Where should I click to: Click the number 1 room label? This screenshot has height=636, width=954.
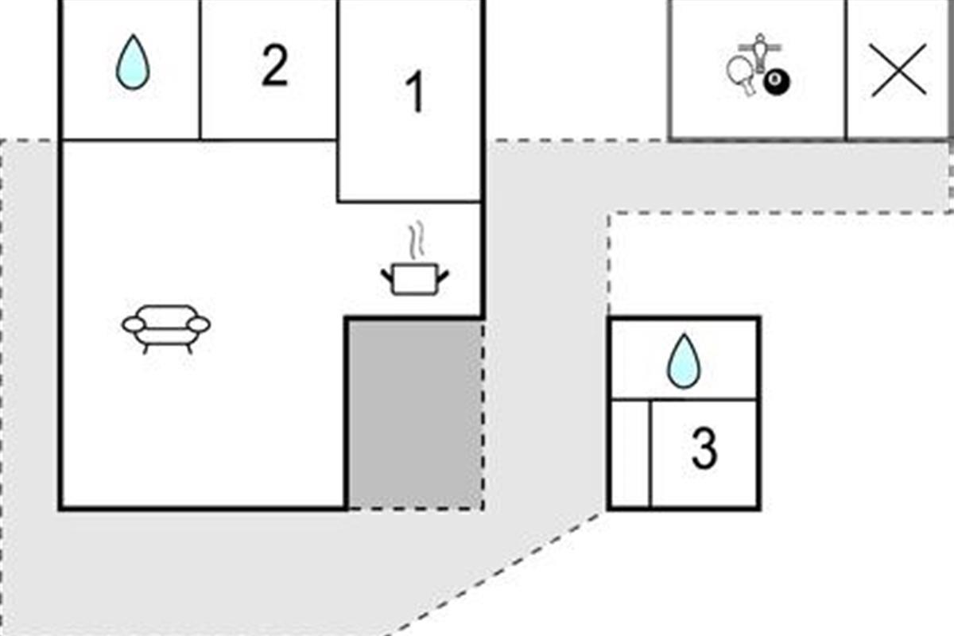click(415, 93)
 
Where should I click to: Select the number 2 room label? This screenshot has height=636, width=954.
click(274, 67)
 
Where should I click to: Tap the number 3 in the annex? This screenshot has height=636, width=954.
click(704, 449)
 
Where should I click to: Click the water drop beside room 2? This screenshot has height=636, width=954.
click(132, 62)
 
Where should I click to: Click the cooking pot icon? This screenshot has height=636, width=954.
click(414, 279)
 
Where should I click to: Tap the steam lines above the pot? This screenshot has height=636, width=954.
click(414, 240)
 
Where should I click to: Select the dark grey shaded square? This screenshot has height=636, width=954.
click(415, 413)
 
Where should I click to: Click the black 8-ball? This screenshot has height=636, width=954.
click(774, 80)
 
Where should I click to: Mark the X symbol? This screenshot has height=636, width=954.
click(898, 69)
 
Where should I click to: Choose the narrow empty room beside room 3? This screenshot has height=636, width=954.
click(630, 454)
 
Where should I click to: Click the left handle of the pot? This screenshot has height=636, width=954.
click(386, 276)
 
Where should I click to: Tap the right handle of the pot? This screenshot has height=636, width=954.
click(443, 276)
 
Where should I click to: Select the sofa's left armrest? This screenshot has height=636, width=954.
click(133, 324)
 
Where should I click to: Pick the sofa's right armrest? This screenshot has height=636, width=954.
click(199, 324)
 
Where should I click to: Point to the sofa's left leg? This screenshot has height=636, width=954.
click(145, 347)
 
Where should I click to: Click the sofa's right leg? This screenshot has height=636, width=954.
click(189, 347)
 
